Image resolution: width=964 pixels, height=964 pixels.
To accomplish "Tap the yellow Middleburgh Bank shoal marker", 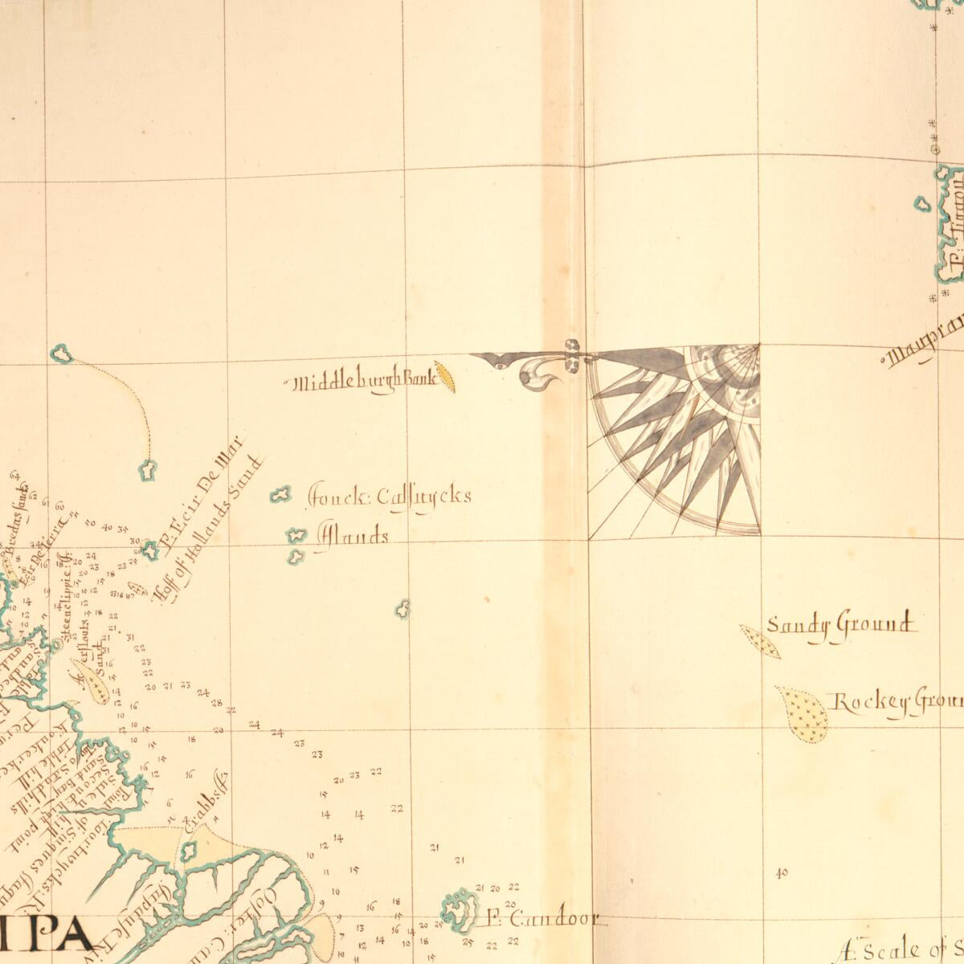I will (x=445, y=375).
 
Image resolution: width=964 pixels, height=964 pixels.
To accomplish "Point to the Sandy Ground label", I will (x=839, y=625).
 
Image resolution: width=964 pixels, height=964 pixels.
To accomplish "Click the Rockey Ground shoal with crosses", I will (x=803, y=714).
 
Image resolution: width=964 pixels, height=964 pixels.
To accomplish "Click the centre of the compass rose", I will (x=758, y=346).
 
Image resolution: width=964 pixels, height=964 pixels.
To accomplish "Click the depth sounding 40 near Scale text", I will (x=782, y=873).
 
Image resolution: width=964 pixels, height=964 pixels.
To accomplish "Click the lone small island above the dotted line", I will (x=60, y=352).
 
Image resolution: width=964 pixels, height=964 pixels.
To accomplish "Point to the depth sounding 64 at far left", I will (x=14, y=476).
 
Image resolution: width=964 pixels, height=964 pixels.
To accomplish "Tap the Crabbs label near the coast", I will (x=206, y=800).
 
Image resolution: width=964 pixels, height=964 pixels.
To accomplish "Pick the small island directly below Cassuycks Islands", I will (x=403, y=609).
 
